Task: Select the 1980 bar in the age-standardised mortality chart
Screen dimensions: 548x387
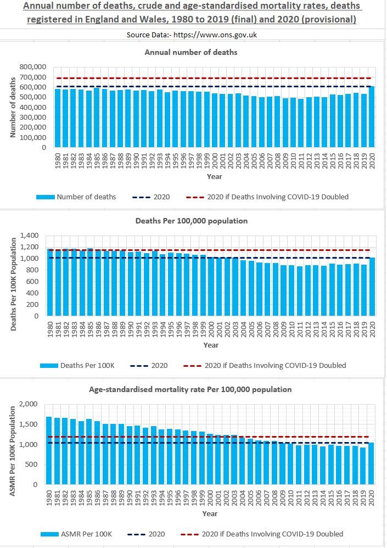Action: tap(49, 450)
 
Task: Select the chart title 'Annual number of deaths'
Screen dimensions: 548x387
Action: tap(192, 52)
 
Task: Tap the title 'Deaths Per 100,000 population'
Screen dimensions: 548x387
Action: tap(192, 221)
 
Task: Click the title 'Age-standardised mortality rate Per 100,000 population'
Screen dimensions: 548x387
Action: tap(192, 389)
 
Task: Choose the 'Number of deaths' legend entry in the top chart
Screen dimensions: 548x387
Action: tap(76, 197)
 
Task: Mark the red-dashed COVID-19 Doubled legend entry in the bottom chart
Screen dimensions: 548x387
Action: tap(266, 534)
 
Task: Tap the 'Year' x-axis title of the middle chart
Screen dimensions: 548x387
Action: tap(211, 345)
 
